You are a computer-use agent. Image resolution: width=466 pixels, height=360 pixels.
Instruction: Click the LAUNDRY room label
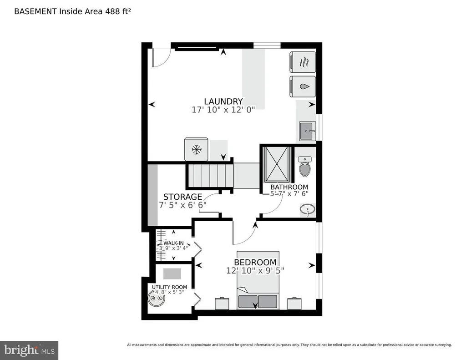(223, 101)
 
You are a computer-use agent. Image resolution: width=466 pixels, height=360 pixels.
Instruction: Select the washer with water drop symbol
(303, 86)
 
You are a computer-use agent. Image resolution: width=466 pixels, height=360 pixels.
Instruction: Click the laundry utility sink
(308, 131)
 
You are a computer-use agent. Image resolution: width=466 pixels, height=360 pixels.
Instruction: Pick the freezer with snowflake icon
(196, 149)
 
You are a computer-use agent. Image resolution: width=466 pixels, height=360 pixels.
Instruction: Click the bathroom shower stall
(277, 164)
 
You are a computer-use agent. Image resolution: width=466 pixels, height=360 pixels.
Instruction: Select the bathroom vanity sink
(308, 210)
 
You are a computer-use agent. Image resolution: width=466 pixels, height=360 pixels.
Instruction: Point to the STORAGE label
(182, 197)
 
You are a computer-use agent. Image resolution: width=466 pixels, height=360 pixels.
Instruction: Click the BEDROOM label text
(255, 262)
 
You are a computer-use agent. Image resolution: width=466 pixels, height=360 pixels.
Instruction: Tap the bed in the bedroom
(258, 280)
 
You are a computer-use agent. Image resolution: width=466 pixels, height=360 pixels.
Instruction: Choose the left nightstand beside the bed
(222, 303)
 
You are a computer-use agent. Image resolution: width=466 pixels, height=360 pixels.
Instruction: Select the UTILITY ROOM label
(169, 287)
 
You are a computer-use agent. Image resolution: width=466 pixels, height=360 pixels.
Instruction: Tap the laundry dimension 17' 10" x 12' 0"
(223, 109)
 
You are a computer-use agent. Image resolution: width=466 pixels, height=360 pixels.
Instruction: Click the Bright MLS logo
(29, 350)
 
